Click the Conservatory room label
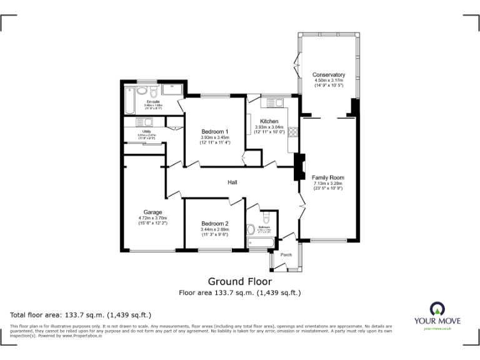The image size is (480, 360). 329,75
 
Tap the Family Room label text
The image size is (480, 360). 328,177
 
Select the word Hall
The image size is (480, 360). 232,182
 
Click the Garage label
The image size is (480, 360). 153,212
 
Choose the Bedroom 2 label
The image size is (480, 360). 215,224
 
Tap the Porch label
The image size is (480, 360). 286,254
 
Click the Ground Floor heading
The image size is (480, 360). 239,281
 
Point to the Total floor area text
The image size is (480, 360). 81,314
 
